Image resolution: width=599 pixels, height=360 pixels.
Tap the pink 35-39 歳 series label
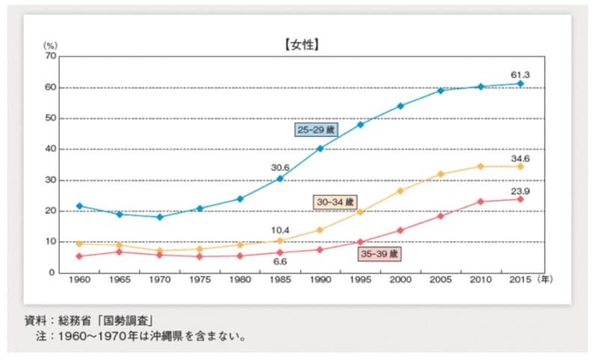pyautogui.click(x=380, y=254)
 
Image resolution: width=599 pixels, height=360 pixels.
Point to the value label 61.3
pyautogui.click(x=520, y=74)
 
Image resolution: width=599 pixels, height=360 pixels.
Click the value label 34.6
pyautogui.click(x=520, y=159)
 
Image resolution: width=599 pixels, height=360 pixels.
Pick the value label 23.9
pyautogui.click(x=520, y=190)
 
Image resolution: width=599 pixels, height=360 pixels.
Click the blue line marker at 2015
pyautogui.click(x=520, y=84)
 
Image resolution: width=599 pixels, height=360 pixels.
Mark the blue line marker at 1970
pyautogui.click(x=159, y=217)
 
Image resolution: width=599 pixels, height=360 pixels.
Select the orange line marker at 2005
pyautogui.click(x=440, y=174)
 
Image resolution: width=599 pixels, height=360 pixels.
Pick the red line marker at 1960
pyautogui.click(x=79, y=256)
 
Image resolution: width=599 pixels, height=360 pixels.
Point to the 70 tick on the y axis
pyautogui.click(x=51, y=56)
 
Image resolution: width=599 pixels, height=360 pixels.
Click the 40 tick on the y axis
pyautogui.click(x=51, y=149)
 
